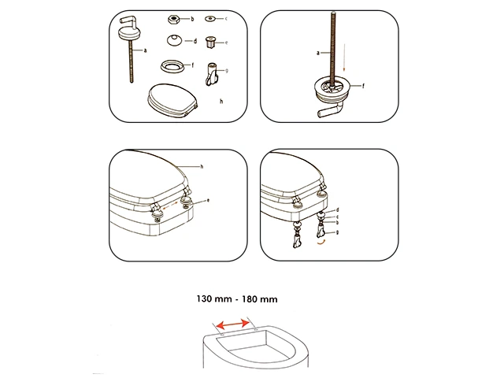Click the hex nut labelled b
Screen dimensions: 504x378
[173, 20]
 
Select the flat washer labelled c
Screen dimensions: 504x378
[210, 19]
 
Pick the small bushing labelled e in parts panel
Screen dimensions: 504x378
[210, 42]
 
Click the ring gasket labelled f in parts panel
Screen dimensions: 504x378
[172, 66]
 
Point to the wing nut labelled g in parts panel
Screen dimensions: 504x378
[211, 74]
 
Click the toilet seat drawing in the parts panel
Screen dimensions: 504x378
[172, 100]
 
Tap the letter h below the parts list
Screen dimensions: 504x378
[221, 102]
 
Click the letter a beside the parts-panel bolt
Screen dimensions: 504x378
[145, 50]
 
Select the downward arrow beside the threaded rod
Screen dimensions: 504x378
[344, 57]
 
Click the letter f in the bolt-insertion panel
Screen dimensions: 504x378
[363, 86]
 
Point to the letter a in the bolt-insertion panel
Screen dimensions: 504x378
[318, 53]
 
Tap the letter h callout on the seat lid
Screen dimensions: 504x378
[202, 166]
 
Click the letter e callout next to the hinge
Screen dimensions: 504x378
[208, 200]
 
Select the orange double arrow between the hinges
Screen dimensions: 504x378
[170, 206]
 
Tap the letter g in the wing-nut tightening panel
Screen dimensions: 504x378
[337, 232]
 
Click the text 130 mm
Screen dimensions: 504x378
[214, 299]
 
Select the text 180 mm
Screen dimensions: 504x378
[260, 299]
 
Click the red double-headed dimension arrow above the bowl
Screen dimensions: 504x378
[234, 324]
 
